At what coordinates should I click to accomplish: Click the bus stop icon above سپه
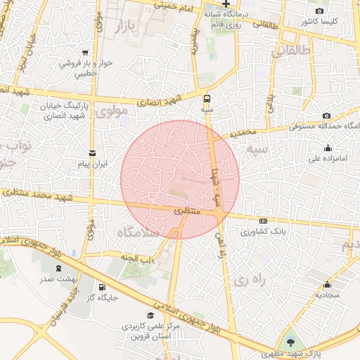point(207,98)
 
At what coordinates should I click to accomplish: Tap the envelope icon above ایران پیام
point(92,153)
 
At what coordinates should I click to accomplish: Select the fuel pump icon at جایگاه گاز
point(103,287)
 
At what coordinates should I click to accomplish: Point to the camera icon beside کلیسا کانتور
point(320,11)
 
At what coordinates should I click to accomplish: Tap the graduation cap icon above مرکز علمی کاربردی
point(150,316)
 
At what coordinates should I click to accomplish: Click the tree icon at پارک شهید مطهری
point(292,342)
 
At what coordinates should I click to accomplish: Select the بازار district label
point(122,28)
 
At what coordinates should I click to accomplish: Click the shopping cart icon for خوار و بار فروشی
point(85,52)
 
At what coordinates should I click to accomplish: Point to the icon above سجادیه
point(328,285)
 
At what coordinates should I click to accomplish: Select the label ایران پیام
point(92,164)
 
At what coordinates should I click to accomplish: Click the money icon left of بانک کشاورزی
point(263,220)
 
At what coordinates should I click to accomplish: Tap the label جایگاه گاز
point(103,297)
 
